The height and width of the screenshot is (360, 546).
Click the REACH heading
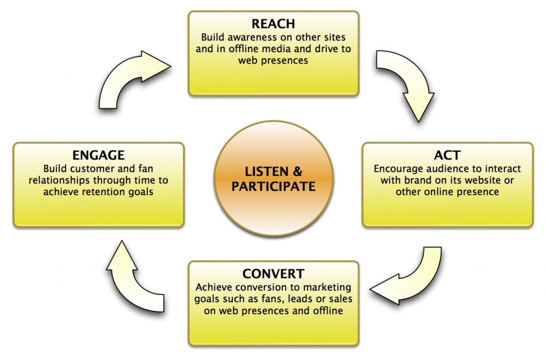274,25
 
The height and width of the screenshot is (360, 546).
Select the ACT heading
447,155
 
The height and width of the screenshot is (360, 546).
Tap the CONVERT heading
273,274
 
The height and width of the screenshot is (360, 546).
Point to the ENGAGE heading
99,155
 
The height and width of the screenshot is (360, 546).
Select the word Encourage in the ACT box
397,169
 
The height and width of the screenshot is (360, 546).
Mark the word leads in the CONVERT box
300,299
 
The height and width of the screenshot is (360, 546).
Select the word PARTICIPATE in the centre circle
273,187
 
